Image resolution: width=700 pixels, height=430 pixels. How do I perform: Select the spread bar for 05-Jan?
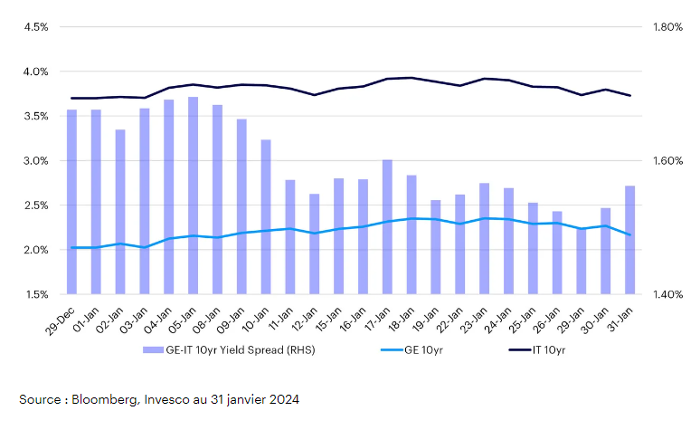click(x=194, y=196)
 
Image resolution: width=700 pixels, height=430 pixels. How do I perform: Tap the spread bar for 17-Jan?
click(x=387, y=226)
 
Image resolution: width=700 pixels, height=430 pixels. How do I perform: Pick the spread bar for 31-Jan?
click(x=629, y=240)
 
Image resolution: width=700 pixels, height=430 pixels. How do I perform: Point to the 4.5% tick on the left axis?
click(x=35, y=27)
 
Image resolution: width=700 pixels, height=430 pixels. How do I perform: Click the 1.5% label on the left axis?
click(x=35, y=294)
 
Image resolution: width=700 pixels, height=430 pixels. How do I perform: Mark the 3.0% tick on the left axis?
click(x=35, y=161)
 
